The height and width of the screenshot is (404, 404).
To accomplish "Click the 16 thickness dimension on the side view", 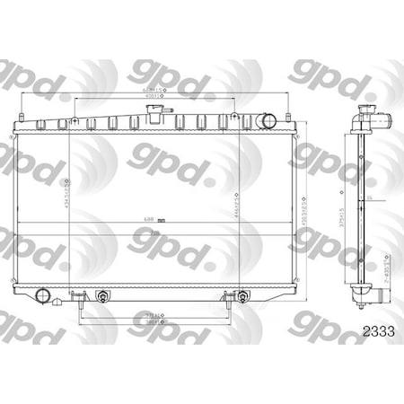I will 368,192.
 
